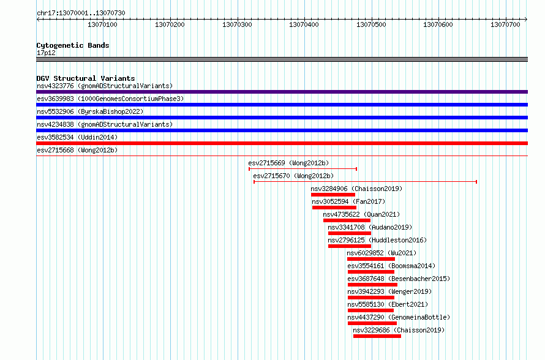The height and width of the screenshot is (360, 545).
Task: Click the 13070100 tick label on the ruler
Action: tap(102, 24)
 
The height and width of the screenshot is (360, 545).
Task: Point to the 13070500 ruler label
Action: tap(371, 24)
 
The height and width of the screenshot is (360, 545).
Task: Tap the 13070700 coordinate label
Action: tap(505, 24)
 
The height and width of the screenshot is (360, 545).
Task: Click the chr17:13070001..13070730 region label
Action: tap(81, 13)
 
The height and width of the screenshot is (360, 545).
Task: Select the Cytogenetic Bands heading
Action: tap(73, 45)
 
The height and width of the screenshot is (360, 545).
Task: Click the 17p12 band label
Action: tap(46, 53)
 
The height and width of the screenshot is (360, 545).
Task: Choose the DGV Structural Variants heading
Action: tap(86, 78)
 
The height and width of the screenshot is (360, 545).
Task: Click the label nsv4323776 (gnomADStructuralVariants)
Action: tap(105, 86)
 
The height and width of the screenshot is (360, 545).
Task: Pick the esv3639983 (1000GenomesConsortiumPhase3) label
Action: tap(110, 99)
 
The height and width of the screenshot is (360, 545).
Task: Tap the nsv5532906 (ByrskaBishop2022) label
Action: tap(90, 111)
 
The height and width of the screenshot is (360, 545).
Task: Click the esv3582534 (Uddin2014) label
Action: tap(77, 137)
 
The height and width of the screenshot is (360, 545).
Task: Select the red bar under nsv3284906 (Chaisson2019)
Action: tap(333, 195)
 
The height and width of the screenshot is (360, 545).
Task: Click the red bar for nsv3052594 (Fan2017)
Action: tap(334, 208)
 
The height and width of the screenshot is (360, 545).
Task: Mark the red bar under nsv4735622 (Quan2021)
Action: tap(347, 220)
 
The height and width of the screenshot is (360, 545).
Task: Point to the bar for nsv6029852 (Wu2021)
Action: tap(371, 259)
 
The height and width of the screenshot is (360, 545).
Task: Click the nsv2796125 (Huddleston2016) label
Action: tap(377, 240)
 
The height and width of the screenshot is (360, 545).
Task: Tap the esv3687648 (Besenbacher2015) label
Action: tap(399, 279)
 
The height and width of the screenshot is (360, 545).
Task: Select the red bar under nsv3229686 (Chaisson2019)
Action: tap(377, 336)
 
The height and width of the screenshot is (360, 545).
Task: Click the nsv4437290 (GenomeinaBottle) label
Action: tap(399, 317)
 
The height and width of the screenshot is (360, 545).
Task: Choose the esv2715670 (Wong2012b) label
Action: tap(293, 176)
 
